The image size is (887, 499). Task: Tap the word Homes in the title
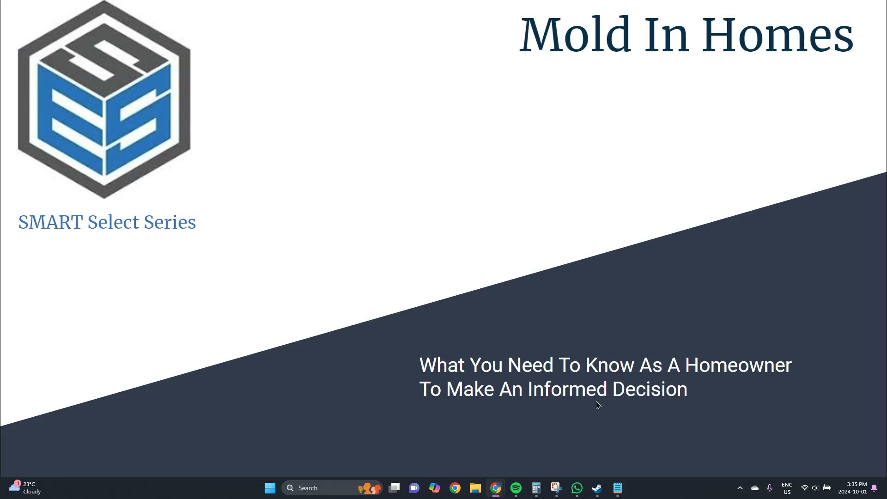pos(778,35)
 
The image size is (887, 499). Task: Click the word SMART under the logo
pos(51,222)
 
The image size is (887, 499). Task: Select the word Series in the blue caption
pos(170,222)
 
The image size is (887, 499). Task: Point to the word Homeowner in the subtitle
pos(738,365)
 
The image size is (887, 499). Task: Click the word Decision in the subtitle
pos(650,389)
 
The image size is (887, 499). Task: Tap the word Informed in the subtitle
pos(567,389)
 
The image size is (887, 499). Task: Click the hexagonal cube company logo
pos(104,99)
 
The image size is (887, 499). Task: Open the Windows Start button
pos(270,488)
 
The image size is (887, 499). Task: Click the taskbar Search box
pos(332,488)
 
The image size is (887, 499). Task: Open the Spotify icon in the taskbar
pos(516,488)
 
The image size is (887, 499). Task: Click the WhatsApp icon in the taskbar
pos(577,488)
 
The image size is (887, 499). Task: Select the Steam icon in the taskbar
pos(597,488)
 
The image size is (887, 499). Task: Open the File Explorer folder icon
pos(475,488)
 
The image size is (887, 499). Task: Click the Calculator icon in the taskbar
pos(536,488)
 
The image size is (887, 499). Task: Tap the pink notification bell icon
pos(874,488)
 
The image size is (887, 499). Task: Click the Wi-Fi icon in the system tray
pos(804,488)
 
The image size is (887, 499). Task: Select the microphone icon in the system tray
pos(770,488)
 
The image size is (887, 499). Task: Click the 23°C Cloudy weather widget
pos(25,488)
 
